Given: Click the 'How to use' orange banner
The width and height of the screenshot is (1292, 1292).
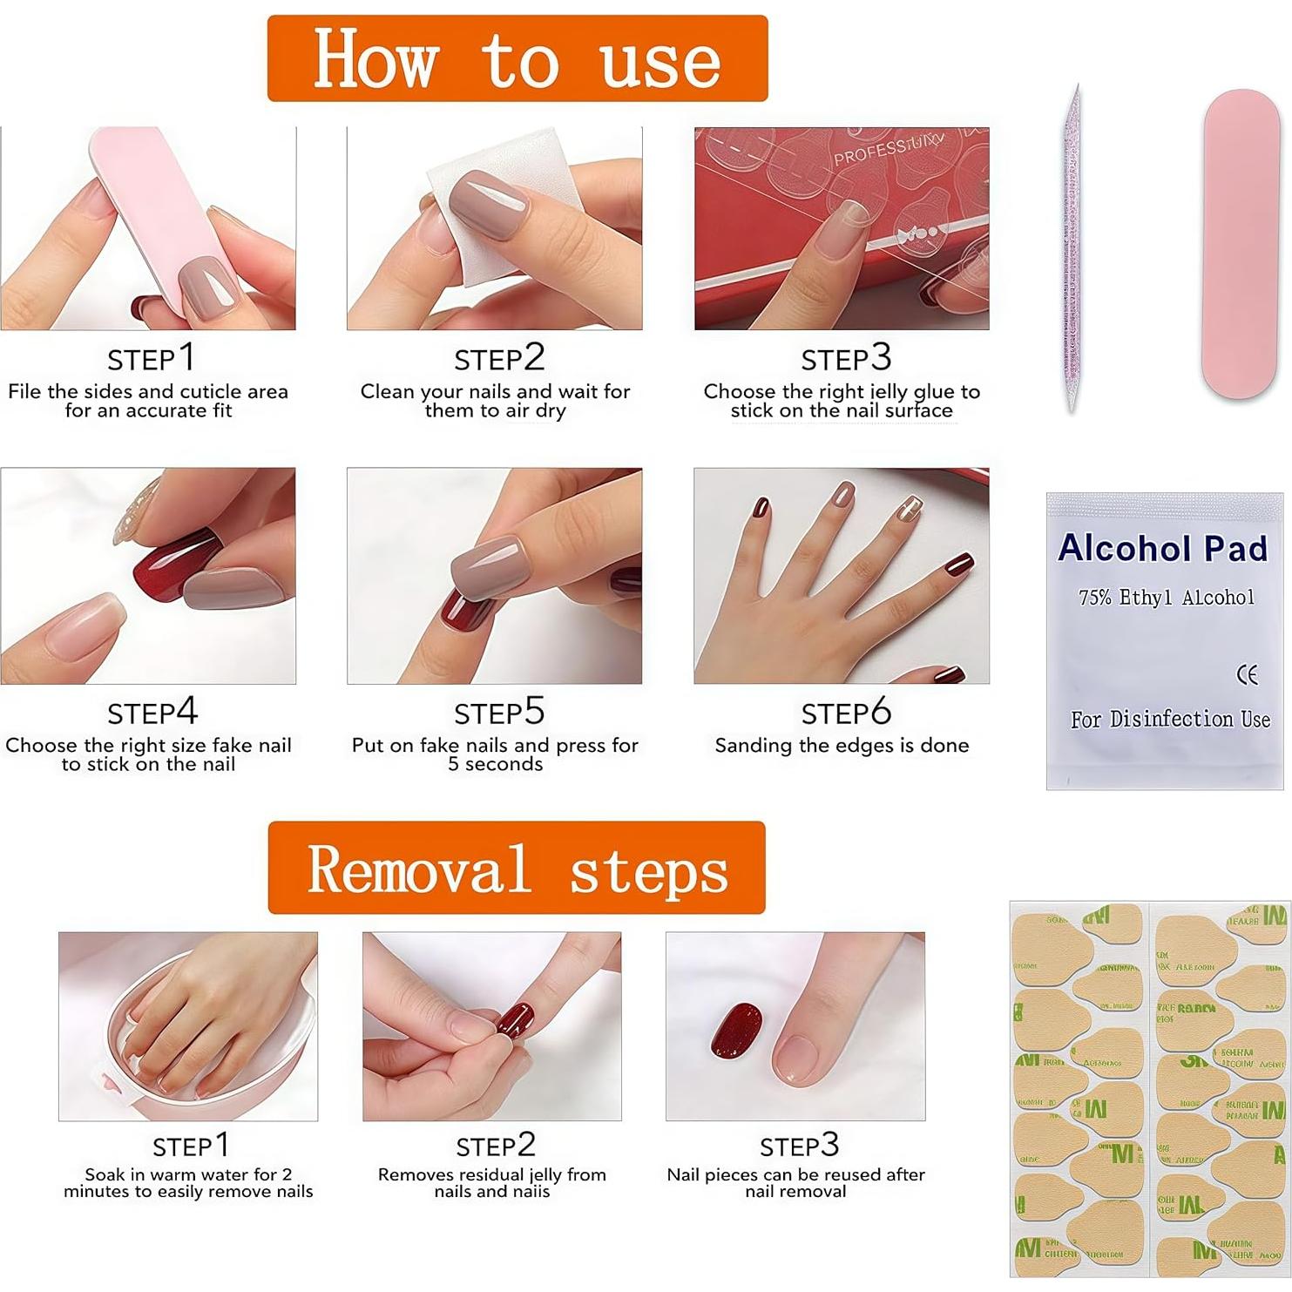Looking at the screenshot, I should click(x=517, y=58).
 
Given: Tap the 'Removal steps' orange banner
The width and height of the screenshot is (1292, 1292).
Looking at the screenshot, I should click(x=517, y=868).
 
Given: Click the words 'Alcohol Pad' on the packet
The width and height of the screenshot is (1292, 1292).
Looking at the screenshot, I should click(x=1162, y=548).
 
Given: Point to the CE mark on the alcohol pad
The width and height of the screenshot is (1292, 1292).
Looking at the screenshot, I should click(x=1247, y=674).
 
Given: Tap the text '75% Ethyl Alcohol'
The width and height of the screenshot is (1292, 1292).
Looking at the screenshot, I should click(x=1166, y=598).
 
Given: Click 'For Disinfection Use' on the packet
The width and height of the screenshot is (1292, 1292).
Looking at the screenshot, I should click(x=1169, y=720).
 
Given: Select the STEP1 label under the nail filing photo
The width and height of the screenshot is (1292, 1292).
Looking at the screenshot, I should click(x=150, y=358).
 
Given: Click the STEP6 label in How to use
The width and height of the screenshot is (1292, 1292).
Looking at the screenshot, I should click(x=845, y=713).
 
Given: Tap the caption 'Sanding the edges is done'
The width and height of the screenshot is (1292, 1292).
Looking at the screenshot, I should click(x=842, y=746).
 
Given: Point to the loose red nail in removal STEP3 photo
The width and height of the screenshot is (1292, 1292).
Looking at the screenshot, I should click(x=736, y=1029).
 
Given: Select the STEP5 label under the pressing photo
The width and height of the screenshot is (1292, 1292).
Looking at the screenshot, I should click(x=498, y=713).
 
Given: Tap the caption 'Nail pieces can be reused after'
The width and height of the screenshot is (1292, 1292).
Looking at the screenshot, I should click(x=795, y=1174).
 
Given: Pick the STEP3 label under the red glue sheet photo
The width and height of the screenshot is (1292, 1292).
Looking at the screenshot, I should click(x=845, y=358).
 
